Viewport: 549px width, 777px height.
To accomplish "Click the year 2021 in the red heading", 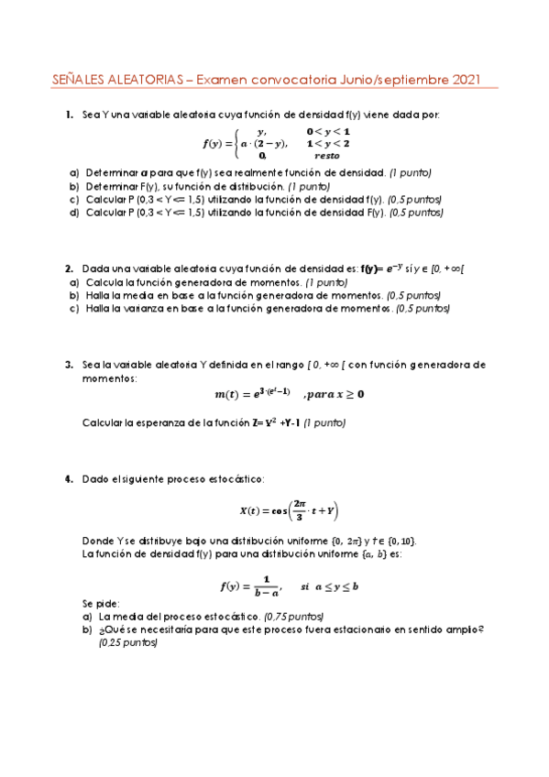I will [464, 81].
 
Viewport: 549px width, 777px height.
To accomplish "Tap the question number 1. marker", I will [70, 115].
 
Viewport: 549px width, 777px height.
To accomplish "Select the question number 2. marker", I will [70, 268].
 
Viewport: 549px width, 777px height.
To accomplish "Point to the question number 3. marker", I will [70, 364].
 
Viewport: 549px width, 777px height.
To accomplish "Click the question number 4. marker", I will [70, 478].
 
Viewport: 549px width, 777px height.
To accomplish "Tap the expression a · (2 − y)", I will [263, 144].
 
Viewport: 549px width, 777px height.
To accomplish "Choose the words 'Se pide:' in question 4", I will [99, 605].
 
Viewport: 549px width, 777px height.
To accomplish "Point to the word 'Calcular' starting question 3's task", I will [102, 423].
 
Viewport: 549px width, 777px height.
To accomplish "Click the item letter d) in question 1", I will [73, 213].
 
